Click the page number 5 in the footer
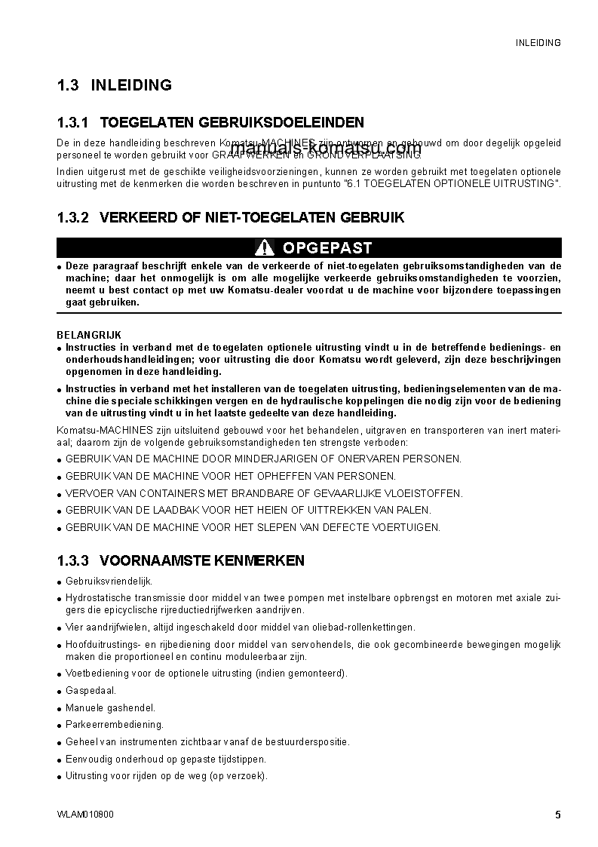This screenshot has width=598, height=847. point(557,815)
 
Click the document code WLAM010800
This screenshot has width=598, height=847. point(86,815)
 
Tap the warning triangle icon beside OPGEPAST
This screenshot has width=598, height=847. point(264,247)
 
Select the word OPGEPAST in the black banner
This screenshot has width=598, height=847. point(327,247)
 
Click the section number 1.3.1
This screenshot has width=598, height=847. point(73,122)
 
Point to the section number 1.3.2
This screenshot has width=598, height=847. point(73,218)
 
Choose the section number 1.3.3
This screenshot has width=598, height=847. point(73,560)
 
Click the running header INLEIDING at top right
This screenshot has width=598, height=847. point(538,43)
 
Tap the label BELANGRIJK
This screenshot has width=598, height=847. point(89,335)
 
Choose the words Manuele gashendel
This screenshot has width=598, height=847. point(110,707)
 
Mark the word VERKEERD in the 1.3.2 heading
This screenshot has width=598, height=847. point(135,218)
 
